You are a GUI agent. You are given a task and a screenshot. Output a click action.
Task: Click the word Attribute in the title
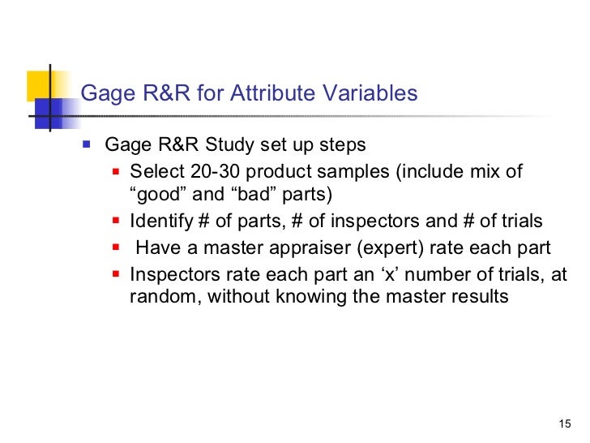click(x=268, y=94)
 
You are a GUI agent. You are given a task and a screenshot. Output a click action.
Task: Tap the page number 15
click(x=566, y=424)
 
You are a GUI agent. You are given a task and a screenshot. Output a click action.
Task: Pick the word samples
click(x=325, y=173)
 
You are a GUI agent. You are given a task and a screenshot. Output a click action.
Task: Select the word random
click(x=163, y=297)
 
